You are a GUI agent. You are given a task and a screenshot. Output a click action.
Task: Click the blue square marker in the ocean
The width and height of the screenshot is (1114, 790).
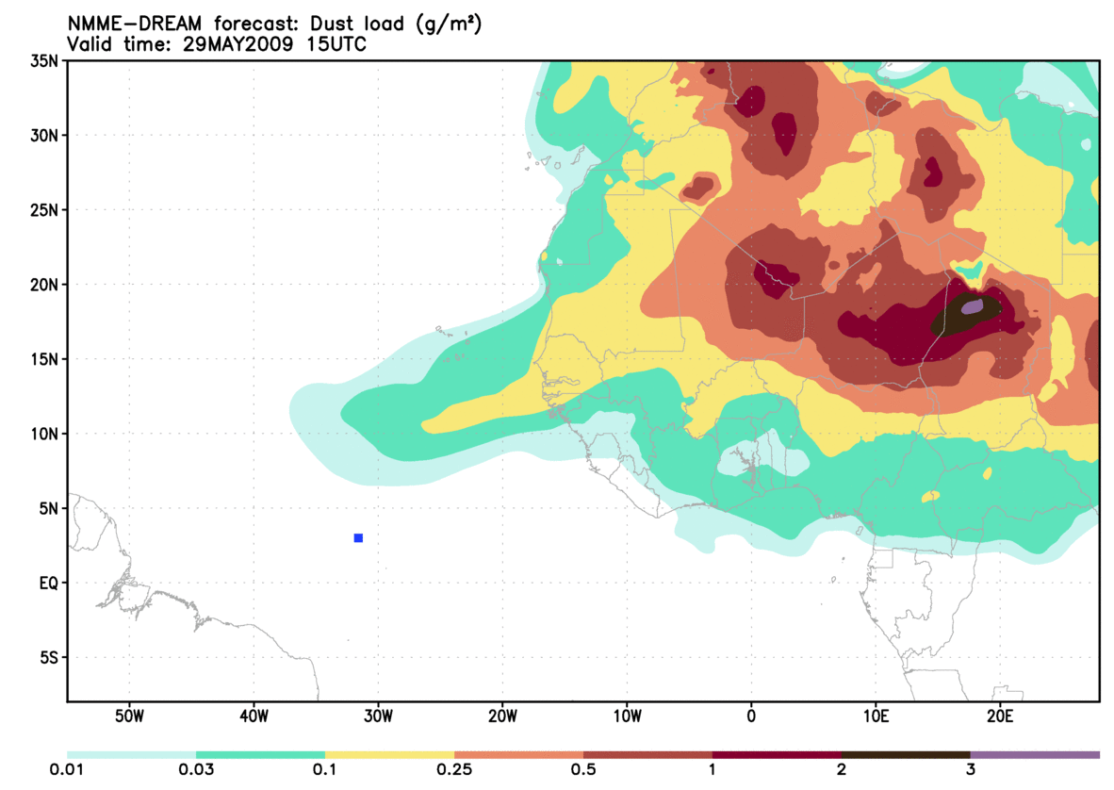(358, 538)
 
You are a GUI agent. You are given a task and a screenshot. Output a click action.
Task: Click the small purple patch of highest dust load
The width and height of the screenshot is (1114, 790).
(972, 306)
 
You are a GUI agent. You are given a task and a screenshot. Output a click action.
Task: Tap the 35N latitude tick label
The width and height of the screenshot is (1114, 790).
(45, 61)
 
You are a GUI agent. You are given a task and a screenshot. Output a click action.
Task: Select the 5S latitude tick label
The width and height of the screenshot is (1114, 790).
(49, 658)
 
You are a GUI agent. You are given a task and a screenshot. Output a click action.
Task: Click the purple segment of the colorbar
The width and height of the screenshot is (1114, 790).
(1035, 755)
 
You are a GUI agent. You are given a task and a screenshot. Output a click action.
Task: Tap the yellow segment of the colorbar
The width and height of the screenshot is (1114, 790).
(389, 755)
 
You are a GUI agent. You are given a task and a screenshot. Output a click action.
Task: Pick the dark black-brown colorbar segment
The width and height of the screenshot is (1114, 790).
(906, 755)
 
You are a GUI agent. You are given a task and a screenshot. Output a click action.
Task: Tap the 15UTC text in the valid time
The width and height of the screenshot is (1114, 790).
(334, 44)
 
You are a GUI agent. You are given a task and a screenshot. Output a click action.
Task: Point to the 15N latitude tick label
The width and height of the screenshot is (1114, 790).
(45, 359)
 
